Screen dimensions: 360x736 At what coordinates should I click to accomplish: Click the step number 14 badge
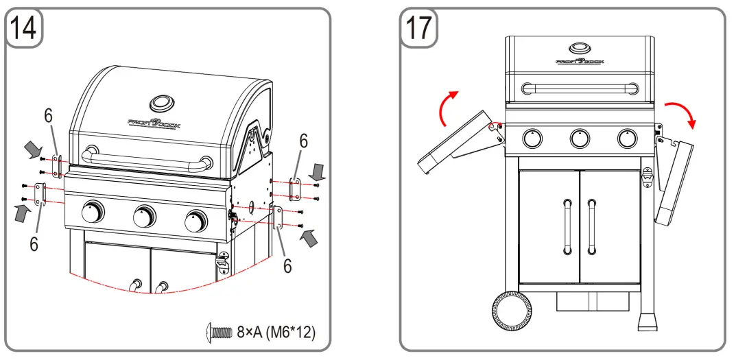[25, 27]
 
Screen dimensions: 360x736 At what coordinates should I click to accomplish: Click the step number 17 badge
[419, 27]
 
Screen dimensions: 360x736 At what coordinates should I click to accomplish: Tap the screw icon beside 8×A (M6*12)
[219, 333]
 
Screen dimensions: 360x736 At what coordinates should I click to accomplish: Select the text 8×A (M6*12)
[276, 333]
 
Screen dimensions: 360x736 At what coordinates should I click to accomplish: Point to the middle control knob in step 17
[580, 139]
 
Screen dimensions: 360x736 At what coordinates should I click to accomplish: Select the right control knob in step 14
[196, 221]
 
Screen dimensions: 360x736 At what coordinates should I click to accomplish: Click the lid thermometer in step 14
[163, 104]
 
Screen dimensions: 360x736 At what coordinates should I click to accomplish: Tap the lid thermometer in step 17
[580, 49]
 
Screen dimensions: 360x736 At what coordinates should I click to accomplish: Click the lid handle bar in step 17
[580, 88]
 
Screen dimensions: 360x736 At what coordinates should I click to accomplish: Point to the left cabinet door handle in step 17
[567, 226]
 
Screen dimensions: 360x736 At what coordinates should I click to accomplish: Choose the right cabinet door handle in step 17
[592, 226]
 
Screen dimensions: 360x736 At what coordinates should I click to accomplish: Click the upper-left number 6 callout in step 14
[49, 117]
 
